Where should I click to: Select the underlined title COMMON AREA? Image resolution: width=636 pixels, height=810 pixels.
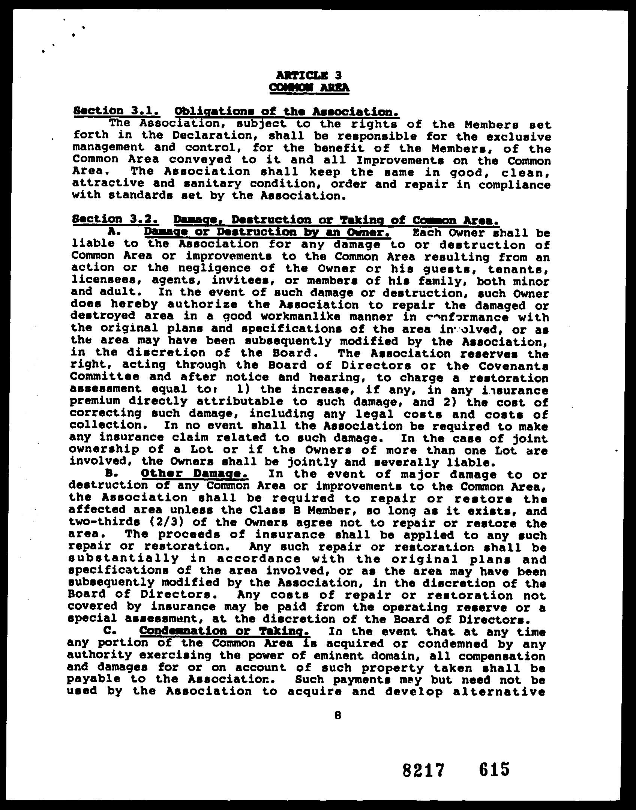[309, 88]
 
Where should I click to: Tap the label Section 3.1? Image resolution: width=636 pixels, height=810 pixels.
[117, 111]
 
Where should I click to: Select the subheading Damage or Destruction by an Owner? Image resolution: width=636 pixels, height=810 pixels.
[267, 232]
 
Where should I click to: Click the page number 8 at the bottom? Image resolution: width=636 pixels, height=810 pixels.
[338, 715]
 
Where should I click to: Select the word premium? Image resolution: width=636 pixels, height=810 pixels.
[95, 401]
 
